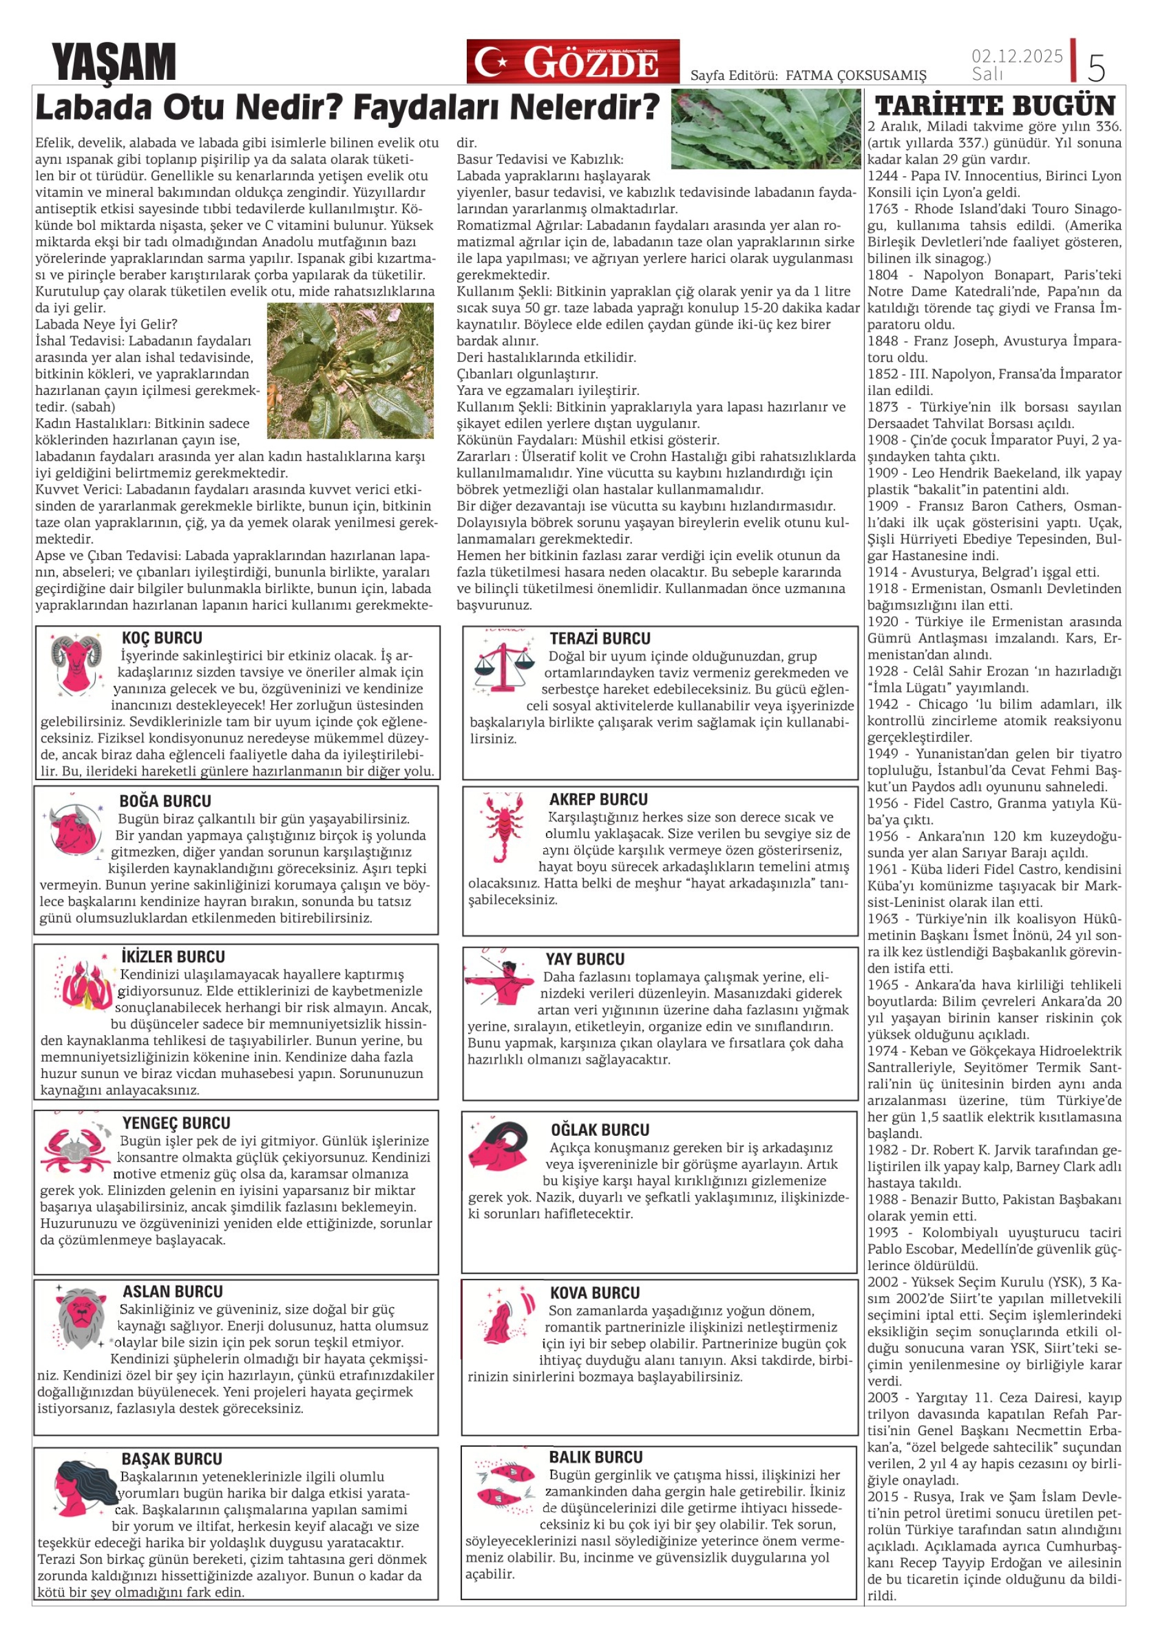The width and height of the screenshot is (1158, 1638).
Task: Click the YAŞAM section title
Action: (113, 62)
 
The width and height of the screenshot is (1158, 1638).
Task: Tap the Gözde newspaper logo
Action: (573, 62)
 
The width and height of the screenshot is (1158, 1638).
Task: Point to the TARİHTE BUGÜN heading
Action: (995, 105)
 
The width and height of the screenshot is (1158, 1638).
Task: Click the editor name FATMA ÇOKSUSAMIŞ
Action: (856, 76)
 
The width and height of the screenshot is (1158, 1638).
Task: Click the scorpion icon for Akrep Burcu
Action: (503, 827)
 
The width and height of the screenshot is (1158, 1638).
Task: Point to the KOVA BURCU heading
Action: (594, 1292)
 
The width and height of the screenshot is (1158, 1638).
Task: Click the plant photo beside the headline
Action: (765, 129)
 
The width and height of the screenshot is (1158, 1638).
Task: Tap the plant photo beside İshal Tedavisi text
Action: (350, 370)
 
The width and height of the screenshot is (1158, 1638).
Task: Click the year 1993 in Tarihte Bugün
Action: (883, 1232)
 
